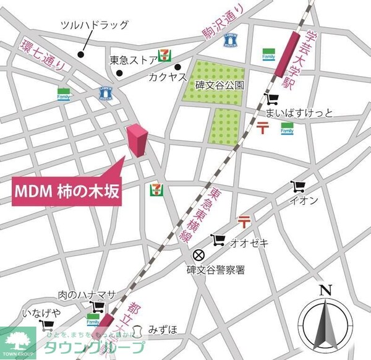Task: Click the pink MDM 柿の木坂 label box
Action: click(66, 191)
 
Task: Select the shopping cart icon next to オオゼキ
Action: click(218, 240)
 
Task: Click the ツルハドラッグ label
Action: click(95, 25)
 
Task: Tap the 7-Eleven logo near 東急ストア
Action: click(164, 55)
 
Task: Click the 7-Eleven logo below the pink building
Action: click(155, 190)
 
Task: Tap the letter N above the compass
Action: click(326, 289)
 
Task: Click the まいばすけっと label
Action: click(299, 113)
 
